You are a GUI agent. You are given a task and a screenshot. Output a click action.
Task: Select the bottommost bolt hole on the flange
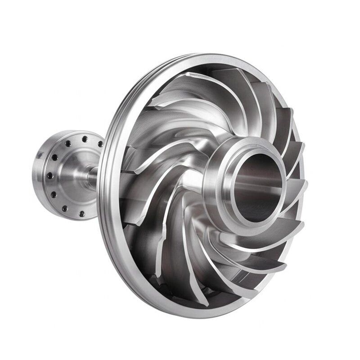click(x=82, y=214)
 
